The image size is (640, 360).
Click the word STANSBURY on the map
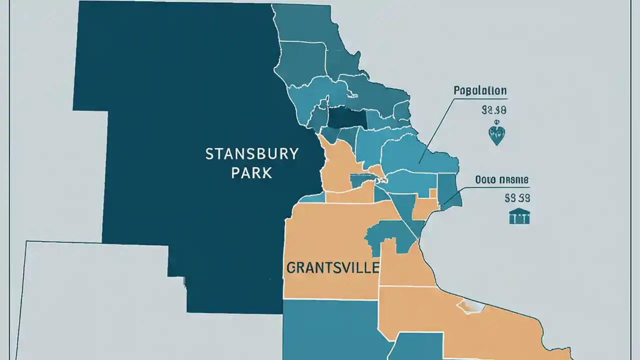(x=252, y=154)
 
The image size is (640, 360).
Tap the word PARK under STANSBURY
(x=252, y=173)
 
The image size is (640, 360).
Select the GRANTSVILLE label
(x=332, y=267)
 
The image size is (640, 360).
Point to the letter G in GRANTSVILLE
(x=291, y=268)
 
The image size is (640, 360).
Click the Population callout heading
(x=480, y=91)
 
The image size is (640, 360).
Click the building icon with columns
(x=519, y=216)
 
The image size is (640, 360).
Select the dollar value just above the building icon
(x=517, y=198)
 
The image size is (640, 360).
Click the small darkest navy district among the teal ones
(x=347, y=117)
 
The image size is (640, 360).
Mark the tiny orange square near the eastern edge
(x=433, y=193)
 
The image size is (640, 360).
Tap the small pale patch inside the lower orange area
(x=470, y=306)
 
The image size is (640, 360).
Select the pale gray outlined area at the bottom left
(x=90, y=300)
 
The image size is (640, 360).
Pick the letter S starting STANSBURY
(x=209, y=154)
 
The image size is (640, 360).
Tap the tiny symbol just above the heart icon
(x=496, y=122)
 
